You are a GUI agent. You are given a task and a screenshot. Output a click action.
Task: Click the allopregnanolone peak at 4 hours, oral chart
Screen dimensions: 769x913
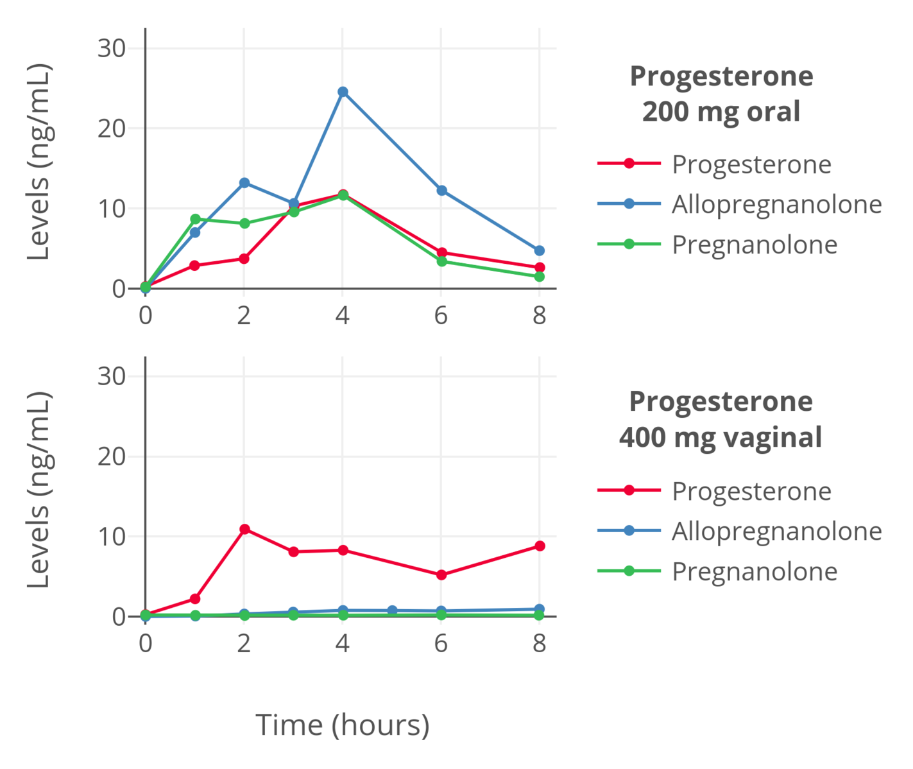343,92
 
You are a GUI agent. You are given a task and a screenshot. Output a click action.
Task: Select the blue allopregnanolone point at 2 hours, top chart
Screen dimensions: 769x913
244,183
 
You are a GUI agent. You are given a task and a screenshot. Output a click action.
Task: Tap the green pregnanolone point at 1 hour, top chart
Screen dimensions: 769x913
195,219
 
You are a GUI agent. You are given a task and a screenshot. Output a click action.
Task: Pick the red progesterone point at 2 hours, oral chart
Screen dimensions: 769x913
244,259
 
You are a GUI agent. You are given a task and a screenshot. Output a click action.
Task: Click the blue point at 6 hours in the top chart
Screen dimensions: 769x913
441,191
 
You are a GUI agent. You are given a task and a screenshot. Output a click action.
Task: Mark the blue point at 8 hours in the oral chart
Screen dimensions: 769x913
540,250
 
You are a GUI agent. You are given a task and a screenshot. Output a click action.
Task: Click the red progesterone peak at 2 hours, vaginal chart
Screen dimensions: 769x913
244,529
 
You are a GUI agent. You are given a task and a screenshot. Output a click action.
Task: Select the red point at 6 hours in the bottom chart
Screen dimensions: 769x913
441,575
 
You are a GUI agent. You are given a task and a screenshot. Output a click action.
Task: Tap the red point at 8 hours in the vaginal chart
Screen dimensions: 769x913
540,546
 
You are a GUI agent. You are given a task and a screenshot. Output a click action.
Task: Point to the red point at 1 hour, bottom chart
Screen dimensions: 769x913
195,599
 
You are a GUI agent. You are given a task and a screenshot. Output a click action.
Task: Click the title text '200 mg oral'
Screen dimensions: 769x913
721,112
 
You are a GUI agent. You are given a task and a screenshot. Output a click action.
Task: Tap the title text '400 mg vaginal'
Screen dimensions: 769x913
721,438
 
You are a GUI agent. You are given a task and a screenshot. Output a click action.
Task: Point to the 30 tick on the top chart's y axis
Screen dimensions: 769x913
112,48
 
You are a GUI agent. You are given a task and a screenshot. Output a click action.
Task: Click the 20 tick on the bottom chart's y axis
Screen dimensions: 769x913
112,456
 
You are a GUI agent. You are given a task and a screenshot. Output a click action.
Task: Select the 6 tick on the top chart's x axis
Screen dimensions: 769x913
441,315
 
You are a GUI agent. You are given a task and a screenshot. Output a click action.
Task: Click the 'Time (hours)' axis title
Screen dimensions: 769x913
343,725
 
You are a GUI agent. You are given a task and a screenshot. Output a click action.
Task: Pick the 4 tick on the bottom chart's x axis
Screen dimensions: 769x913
342,643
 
